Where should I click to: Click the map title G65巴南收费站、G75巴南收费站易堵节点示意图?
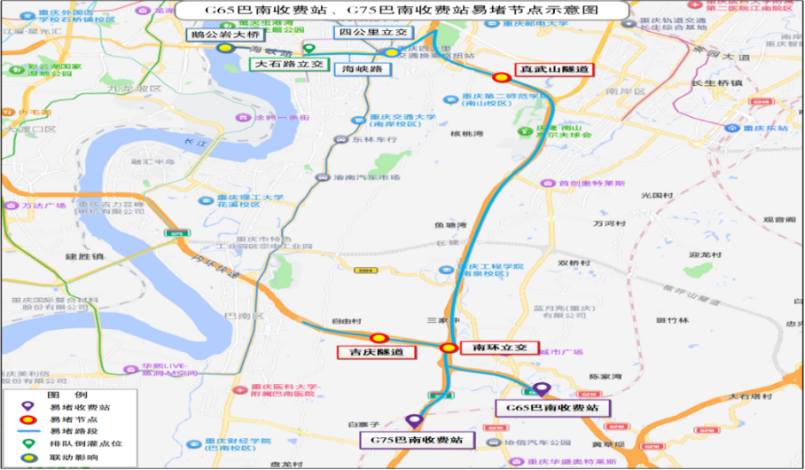(x=402, y=10)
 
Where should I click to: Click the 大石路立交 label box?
(x=289, y=65)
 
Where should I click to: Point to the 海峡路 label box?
(x=362, y=68)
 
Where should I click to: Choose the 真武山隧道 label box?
(x=556, y=68)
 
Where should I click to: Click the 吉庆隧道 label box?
(x=377, y=352)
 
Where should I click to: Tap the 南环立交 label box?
(x=500, y=347)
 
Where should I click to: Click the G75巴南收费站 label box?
(x=417, y=439)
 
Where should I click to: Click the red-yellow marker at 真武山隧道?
(x=502, y=76)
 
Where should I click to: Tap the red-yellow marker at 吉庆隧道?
(x=379, y=338)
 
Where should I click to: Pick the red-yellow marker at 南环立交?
(x=449, y=348)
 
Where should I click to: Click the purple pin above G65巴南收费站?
(x=541, y=389)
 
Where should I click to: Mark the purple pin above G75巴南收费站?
(x=413, y=421)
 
